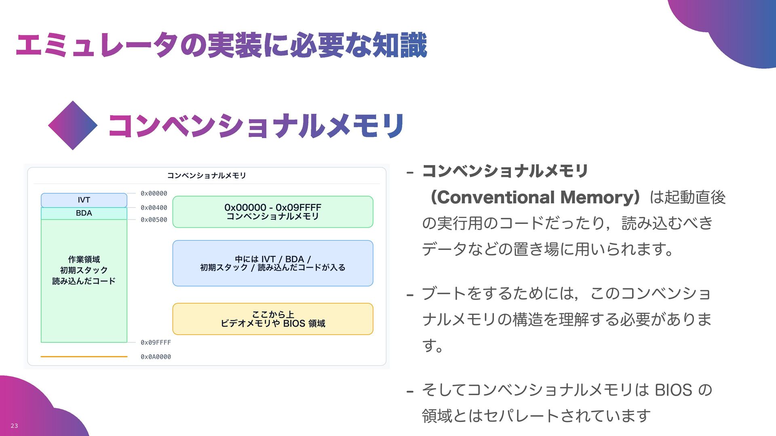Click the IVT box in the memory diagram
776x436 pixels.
click(x=84, y=200)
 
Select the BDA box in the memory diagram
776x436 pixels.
click(x=84, y=213)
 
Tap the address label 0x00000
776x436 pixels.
click(x=154, y=194)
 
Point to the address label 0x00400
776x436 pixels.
click(x=154, y=208)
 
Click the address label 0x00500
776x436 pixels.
click(x=154, y=220)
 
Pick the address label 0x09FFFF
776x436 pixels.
click(x=156, y=343)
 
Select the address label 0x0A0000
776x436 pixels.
click(x=156, y=357)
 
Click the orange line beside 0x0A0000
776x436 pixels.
click(x=84, y=357)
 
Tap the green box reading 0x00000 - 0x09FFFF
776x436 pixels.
click(x=273, y=212)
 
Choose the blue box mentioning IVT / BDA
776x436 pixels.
click(x=273, y=263)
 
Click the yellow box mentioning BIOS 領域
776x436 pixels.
click(x=273, y=319)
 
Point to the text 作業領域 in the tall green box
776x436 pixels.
click(x=84, y=260)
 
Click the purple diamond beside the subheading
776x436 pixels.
click(x=73, y=126)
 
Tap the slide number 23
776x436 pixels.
click(x=14, y=426)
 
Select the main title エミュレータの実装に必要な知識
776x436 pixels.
click(x=221, y=45)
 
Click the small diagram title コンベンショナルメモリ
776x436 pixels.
click(x=207, y=176)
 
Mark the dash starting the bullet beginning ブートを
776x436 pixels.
click(x=410, y=295)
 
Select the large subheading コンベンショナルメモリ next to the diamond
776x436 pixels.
click(x=256, y=126)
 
